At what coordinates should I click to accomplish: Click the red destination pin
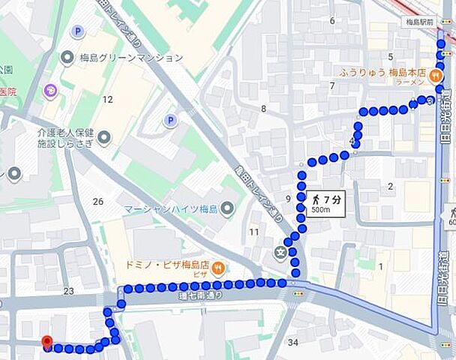tap(47, 343)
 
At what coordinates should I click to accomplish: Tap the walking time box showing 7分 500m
tap(326, 203)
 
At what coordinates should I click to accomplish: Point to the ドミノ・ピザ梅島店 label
tap(165, 266)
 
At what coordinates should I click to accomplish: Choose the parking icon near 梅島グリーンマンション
tap(77, 31)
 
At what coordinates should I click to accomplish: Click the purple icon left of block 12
tap(51, 91)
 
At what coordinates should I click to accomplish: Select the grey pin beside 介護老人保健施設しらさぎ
tap(104, 137)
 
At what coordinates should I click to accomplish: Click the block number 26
tap(98, 201)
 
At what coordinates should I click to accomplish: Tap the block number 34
tap(292, 343)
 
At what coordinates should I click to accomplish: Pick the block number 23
tap(69, 291)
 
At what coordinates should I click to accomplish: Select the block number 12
tap(107, 99)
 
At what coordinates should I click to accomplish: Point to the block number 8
tap(263, 109)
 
